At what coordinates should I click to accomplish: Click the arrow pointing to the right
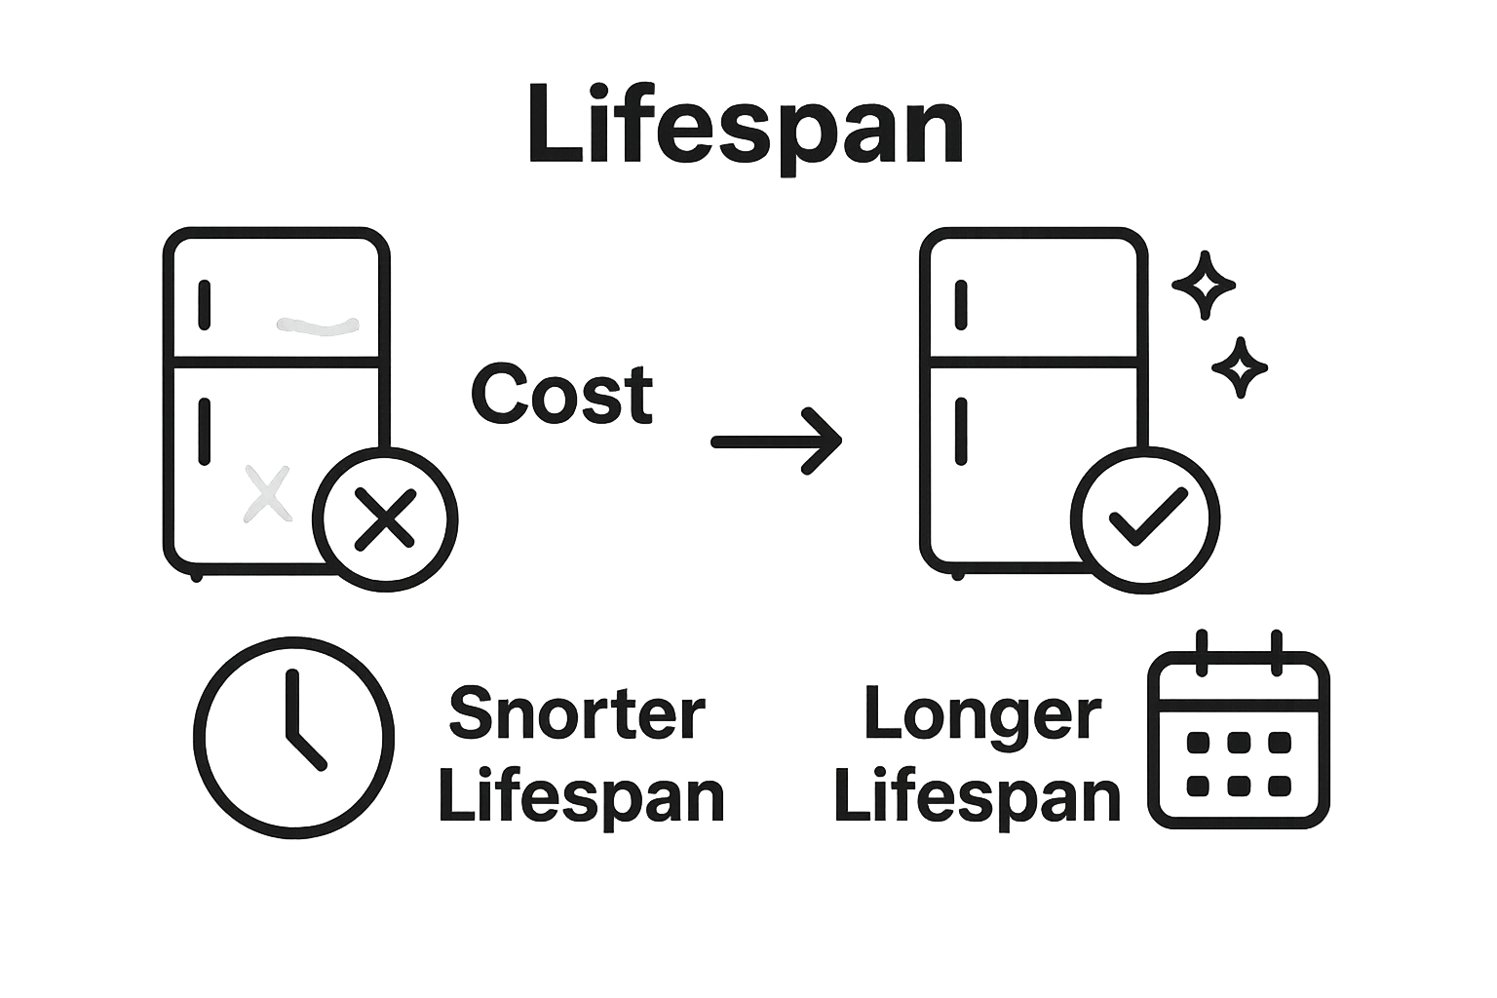point(777,441)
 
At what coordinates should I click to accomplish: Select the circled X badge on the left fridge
point(386,519)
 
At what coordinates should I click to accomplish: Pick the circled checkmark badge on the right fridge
point(1145,519)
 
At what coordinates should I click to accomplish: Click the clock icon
point(293,737)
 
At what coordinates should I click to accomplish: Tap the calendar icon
point(1239,733)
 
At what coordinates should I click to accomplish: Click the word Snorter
point(576,713)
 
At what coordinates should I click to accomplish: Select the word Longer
point(982,713)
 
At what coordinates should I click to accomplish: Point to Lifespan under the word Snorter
point(582,797)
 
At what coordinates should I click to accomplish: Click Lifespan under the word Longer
point(978,797)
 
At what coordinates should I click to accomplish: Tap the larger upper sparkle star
point(1204,286)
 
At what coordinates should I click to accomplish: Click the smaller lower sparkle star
point(1240,367)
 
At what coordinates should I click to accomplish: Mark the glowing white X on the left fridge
point(266,493)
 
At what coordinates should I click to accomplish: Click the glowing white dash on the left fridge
point(319,326)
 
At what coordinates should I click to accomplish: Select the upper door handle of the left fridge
point(204,305)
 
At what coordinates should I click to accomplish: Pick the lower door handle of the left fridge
point(204,430)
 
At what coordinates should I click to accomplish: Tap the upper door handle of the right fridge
point(961,305)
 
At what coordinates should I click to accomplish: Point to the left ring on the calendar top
point(1202,652)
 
